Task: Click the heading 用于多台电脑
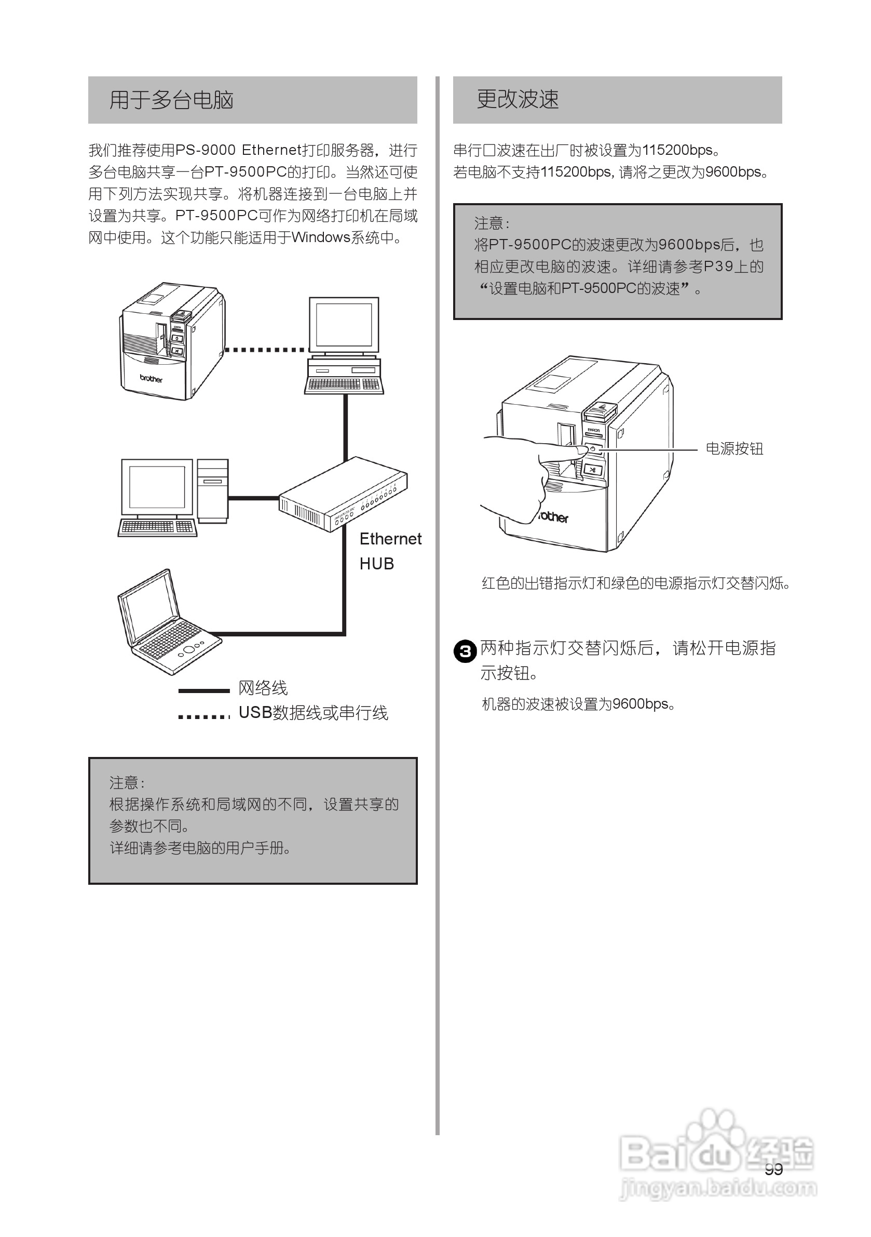click(x=171, y=100)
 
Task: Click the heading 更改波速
click(x=518, y=100)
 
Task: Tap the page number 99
click(x=773, y=1169)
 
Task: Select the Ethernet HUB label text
click(x=390, y=551)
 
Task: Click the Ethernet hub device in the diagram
click(x=343, y=495)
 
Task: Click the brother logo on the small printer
click(x=151, y=378)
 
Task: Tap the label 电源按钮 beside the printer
click(x=734, y=449)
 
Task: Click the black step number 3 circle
click(x=465, y=651)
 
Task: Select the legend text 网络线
click(x=263, y=688)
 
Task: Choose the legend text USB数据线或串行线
click(x=313, y=713)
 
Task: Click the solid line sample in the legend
click(x=203, y=690)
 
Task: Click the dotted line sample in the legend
click(x=203, y=716)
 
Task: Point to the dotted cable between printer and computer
click(x=265, y=350)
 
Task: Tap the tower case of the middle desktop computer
click(x=212, y=490)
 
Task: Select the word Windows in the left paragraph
click(x=321, y=237)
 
